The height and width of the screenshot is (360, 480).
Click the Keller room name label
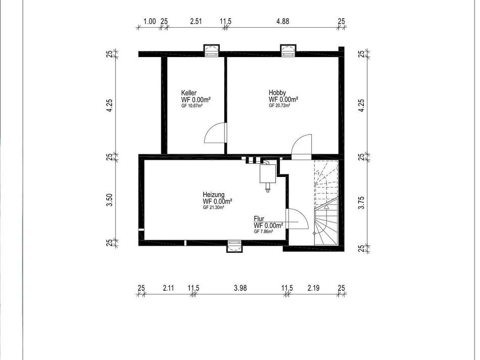point(189,93)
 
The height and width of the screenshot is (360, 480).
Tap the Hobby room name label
point(277,93)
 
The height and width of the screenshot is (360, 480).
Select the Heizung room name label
point(213,195)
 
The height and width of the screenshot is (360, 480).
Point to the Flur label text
point(259,219)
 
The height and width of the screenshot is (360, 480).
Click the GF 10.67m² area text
point(192,106)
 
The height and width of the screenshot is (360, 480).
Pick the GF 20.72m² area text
point(279,105)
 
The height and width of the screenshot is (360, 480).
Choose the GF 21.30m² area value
point(214,207)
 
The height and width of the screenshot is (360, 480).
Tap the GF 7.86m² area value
point(263,232)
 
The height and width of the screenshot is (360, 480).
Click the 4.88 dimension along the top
point(282,21)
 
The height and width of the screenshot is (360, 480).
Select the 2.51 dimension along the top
point(196,21)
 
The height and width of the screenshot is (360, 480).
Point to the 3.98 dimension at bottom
point(241,288)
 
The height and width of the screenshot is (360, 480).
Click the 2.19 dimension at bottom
point(313,288)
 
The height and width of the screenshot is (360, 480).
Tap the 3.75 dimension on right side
point(362,203)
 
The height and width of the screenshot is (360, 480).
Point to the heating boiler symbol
point(268,176)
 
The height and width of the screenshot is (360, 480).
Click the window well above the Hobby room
point(289,51)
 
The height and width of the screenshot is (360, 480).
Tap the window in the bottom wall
point(234,246)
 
